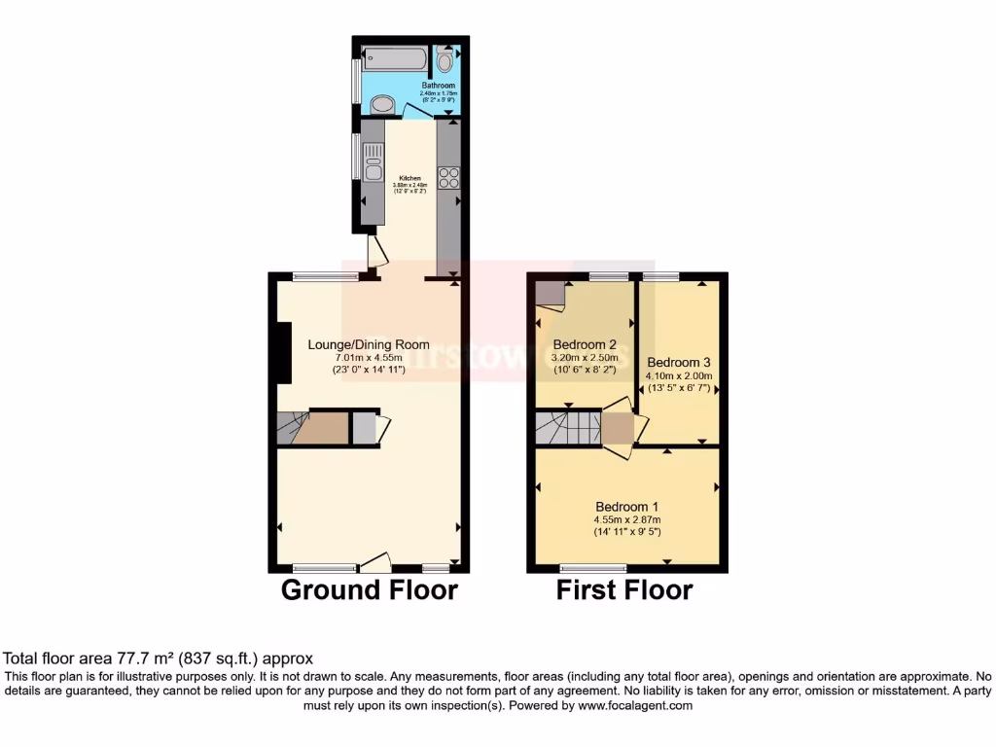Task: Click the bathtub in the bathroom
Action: (x=394, y=60)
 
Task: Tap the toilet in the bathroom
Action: (x=445, y=61)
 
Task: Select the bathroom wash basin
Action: (x=382, y=103)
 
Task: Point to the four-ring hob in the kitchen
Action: (x=449, y=178)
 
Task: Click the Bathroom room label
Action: (x=438, y=86)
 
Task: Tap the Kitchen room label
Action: (x=409, y=179)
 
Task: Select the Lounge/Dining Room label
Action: (x=369, y=344)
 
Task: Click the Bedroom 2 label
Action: (x=585, y=344)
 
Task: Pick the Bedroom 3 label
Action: (x=679, y=361)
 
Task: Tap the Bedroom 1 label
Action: (x=627, y=507)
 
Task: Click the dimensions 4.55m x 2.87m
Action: (x=627, y=519)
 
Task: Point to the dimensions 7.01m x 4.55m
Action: (x=369, y=357)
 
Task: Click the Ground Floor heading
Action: (x=369, y=589)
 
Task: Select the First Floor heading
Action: (x=624, y=589)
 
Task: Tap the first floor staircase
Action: (x=566, y=427)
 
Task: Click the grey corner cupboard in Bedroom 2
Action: (x=550, y=293)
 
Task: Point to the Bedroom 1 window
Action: (x=593, y=566)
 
